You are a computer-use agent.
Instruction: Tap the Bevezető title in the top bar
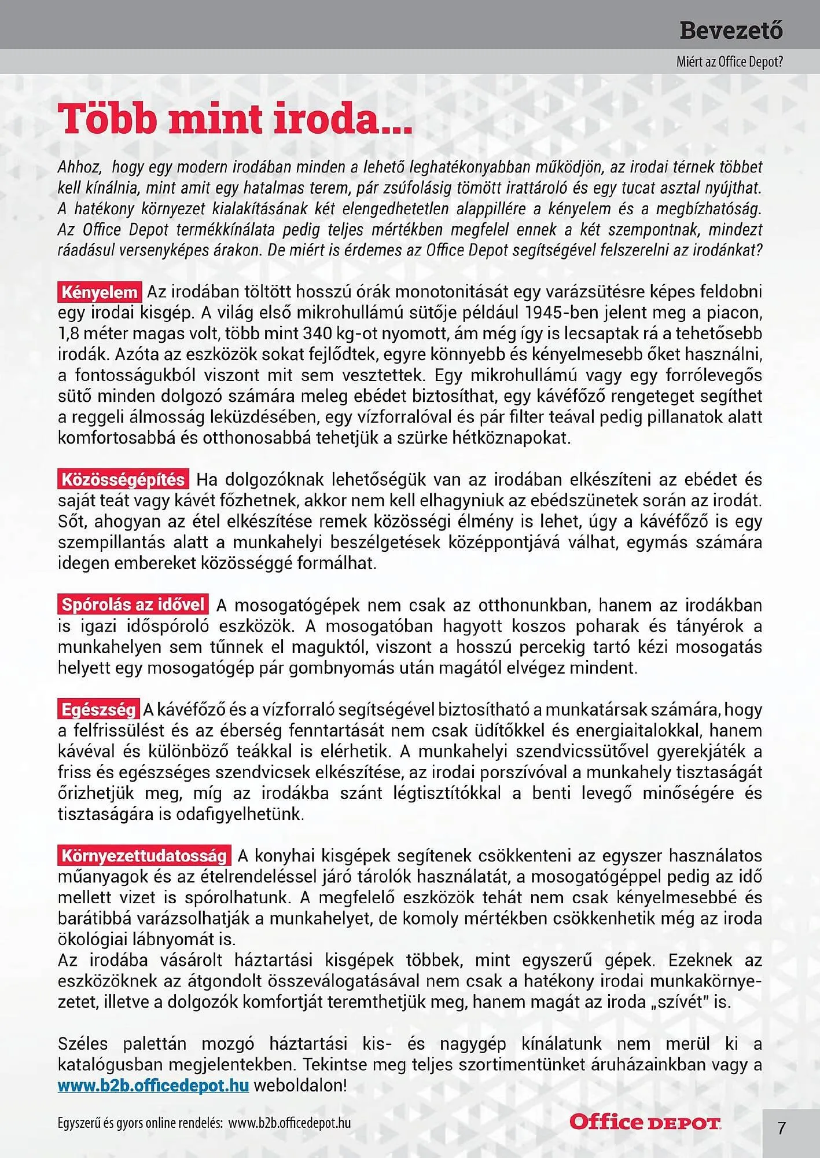click(731, 30)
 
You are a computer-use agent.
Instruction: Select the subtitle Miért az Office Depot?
click(730, 62)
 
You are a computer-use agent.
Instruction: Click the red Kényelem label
click(100, 292)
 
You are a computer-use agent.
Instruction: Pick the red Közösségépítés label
click(123, 479)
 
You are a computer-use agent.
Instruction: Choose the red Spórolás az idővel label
click(133, 604)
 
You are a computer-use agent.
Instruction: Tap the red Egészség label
click(98, 709)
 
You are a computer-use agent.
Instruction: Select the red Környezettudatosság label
click(144, 855)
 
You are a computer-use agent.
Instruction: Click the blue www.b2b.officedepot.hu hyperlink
click(153, 1085)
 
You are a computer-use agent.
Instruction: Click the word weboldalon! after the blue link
click(300, 1086)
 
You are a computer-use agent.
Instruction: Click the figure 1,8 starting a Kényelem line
click(69, 334)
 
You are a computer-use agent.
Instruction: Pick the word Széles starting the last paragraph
click(83, 1044)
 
